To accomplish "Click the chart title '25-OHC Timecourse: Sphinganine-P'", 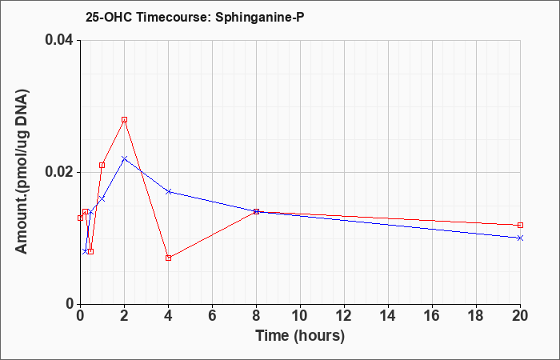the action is point(194,17).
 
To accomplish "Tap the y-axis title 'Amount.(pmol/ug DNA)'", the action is point(22,172).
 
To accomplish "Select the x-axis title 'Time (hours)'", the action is point(300,336).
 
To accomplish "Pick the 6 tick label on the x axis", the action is point(213,316).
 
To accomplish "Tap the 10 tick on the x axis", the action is point(300,316).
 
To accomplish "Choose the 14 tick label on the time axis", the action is point(388,316).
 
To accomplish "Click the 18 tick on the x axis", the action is point(477,316).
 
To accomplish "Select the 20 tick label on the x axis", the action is point(520,316).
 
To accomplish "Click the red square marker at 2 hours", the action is point(124,120).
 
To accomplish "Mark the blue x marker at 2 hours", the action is point(124,158).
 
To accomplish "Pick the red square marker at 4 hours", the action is point(169,258).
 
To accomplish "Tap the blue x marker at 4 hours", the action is point(169,191).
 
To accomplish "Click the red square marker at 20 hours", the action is point(520,225).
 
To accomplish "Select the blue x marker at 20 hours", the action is point(520,238).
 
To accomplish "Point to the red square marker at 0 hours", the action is point(80,218).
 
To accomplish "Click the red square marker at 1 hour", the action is point(102,165).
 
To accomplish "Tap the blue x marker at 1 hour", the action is point(102,198).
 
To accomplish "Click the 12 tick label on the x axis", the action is point(344,316).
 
